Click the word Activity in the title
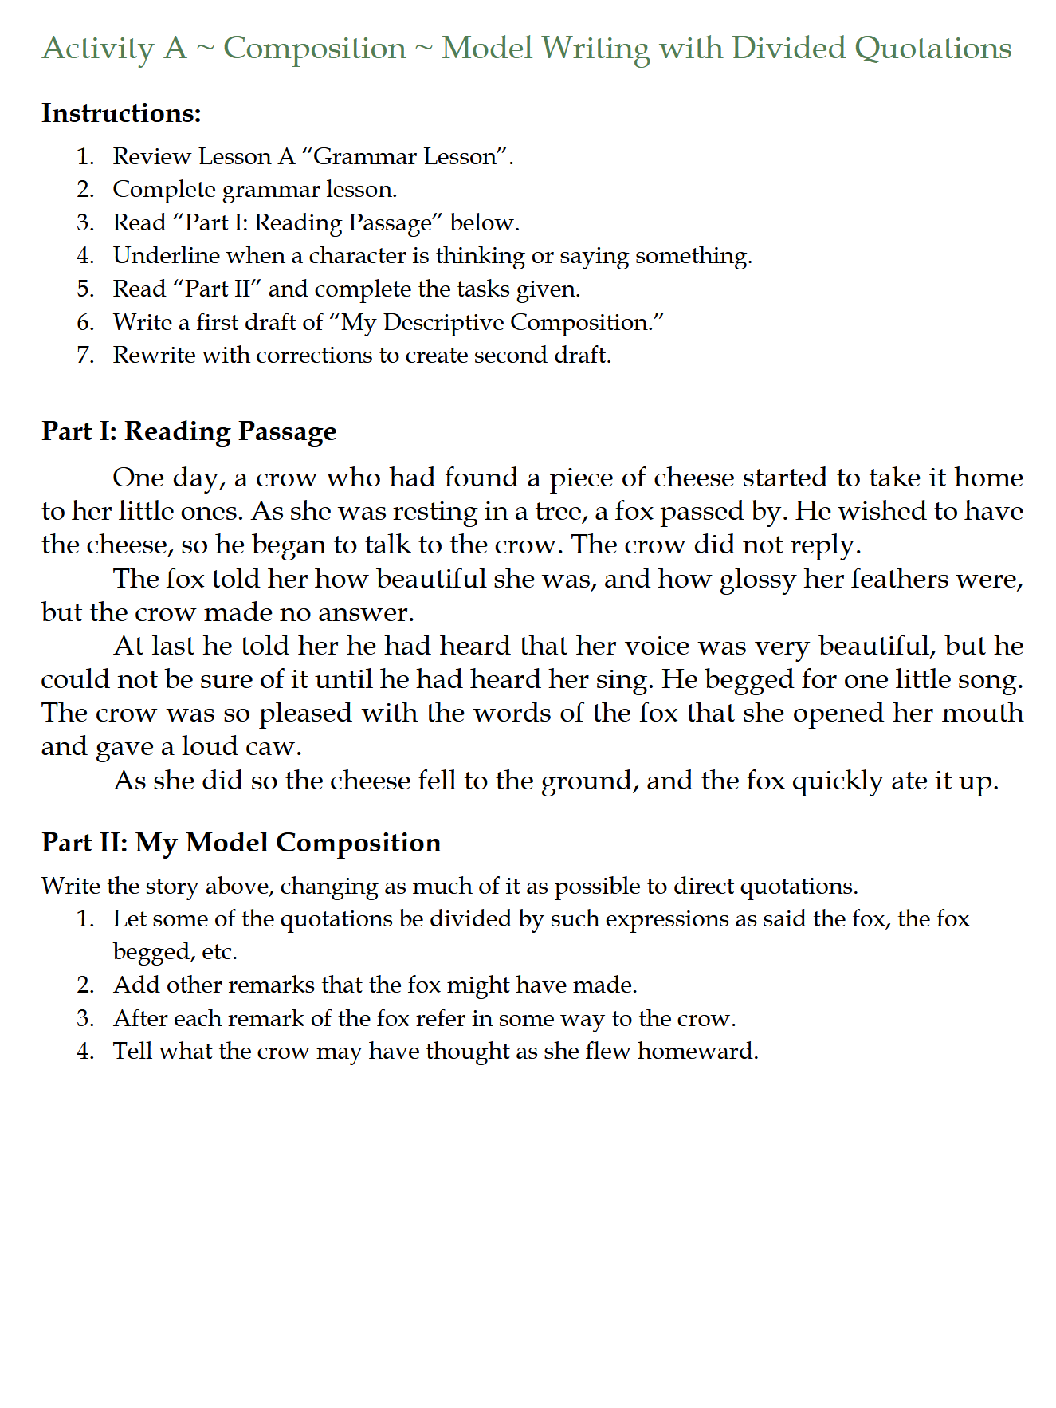[x=97, y=49]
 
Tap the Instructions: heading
[x=121, y=113]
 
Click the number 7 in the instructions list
[x=84, y=356]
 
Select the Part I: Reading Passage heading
[x=189, y=431]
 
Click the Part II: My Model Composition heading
[x=241, y=843]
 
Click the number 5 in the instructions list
[x=84, y=289]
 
